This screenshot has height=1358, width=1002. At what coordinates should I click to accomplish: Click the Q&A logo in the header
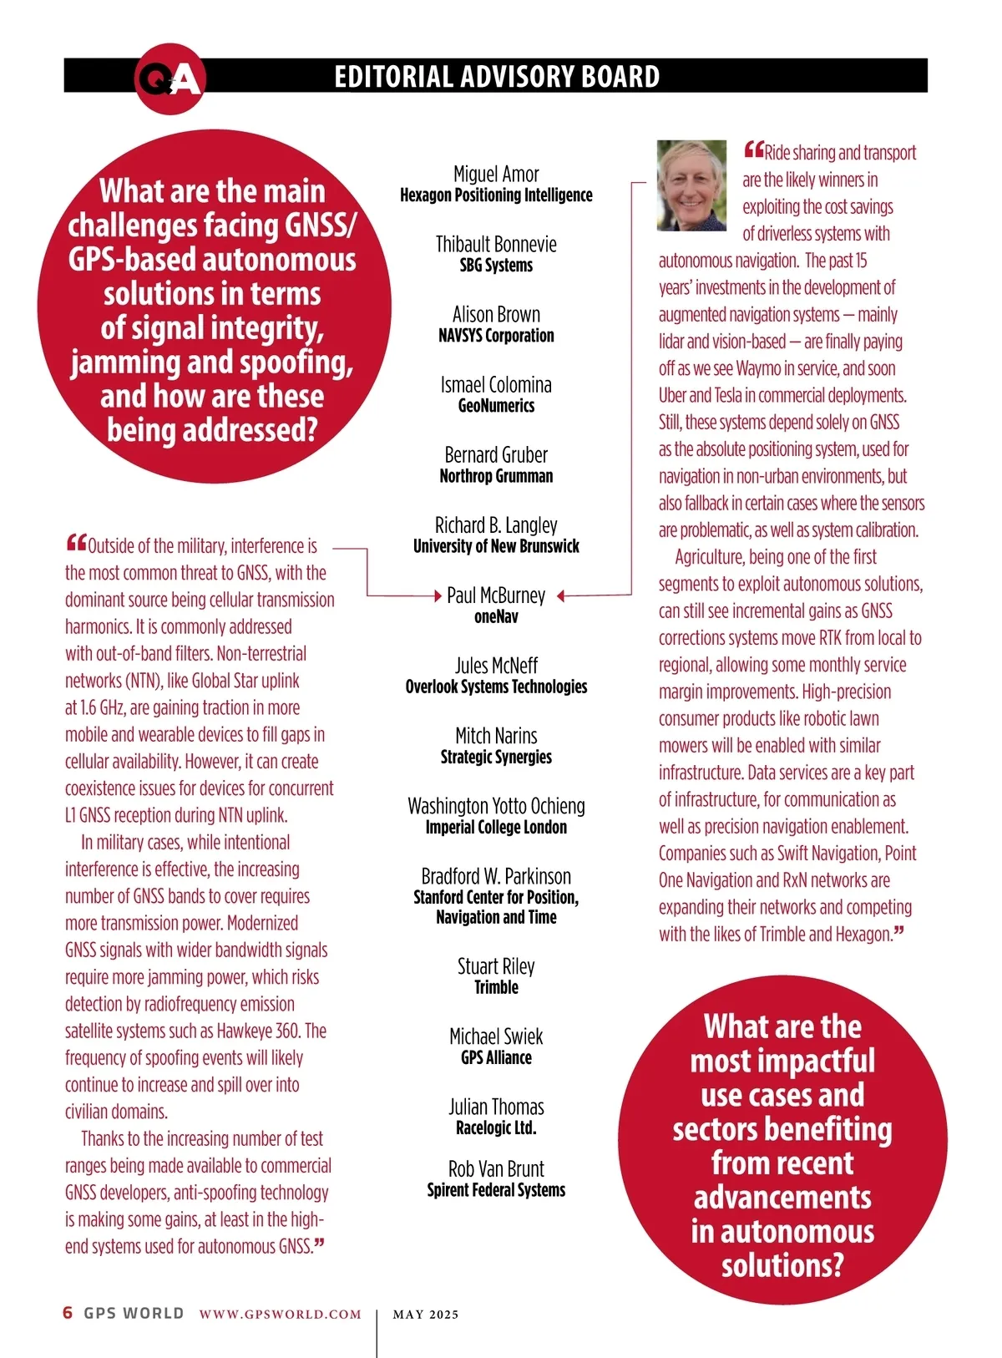[170, 79]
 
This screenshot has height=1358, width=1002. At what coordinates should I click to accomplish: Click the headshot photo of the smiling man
[691, 185]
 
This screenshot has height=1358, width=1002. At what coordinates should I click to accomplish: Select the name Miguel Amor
[496, 174]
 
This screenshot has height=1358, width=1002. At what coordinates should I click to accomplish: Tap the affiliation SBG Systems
[496, 266]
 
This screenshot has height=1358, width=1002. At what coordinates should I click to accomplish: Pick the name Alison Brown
[496, 314]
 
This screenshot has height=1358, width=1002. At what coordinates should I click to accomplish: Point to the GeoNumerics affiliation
[496, 406]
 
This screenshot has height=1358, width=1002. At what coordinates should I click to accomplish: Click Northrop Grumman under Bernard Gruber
[496, 476]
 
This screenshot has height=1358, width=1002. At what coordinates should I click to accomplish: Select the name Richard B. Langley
[496, 524]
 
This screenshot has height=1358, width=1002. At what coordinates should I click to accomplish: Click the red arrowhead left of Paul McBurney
[438, 595]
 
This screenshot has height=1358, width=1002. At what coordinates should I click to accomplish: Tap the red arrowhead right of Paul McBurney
[561, 595]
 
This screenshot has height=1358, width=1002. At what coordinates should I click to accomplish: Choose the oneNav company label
[496, 616]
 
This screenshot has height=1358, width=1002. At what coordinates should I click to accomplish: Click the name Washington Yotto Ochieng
[496, 806]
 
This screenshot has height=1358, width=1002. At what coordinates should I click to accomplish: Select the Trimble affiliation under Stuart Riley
[496, 987]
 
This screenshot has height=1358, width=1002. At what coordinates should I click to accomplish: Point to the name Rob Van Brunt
[496, 1168]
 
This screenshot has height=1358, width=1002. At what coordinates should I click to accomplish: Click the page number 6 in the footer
[68, 1312]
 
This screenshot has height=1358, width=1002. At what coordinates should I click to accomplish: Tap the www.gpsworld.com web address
[280, 1314]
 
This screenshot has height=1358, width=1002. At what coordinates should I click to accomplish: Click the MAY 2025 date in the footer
[426, 1314]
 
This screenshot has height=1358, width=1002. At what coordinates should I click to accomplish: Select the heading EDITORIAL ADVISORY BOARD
[497, 77]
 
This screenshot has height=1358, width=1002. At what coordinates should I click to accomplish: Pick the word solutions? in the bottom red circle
[782, 1265]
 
